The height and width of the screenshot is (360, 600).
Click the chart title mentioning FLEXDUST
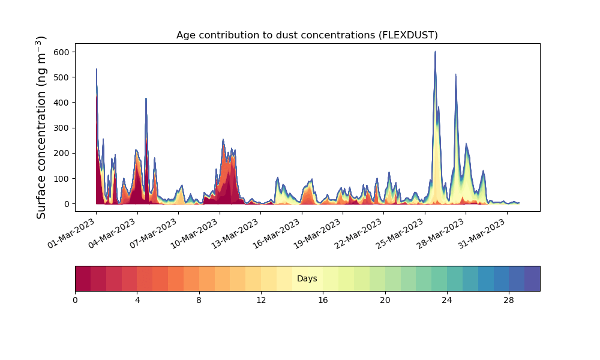[x=307, y=35]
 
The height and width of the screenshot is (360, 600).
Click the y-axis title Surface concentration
[x=41, y=127]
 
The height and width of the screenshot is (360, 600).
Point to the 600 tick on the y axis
[x=62, y=52]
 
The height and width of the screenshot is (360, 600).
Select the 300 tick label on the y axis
[x=62, y=128]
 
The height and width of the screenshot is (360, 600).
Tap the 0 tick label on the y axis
[x=67, y=204]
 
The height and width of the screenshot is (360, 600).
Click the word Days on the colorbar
[x=307, y=279]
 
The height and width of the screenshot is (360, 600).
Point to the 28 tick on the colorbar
[x=509, y=299]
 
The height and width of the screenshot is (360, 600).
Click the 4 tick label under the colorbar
[x=137, y=299]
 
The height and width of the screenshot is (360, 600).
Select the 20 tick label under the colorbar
[x=385, y=299]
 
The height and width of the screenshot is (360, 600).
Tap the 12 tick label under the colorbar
[x=261, y=299]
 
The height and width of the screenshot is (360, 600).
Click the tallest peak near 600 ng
[x=435, y=52]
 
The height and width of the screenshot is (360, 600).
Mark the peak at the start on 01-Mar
[x=97, y=70]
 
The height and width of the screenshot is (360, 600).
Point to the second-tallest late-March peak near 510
[x=456, y=75]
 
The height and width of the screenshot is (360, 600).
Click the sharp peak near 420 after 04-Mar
[x=146, y=99]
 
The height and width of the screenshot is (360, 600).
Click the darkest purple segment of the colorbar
[x=532, y=278]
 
